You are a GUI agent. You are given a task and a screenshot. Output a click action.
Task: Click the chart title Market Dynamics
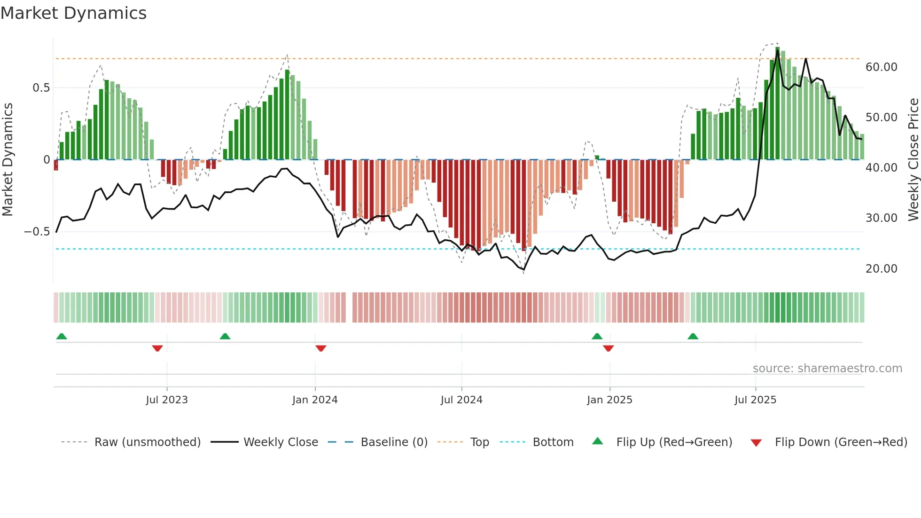pos(73,13)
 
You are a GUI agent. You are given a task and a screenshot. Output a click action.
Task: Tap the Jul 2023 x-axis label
pos(166,400)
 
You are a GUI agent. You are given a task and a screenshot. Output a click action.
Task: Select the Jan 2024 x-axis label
pos(315,400)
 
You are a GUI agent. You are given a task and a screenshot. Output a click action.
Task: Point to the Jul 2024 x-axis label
pos(461,400)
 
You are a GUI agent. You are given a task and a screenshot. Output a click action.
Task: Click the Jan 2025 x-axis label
pos(609,400)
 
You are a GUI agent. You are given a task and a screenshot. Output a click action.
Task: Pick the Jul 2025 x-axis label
pos(755,400)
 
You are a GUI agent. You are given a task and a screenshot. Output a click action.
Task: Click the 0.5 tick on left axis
pos(41,88)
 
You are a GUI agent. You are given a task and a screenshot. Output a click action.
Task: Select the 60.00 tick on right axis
pos(881,67)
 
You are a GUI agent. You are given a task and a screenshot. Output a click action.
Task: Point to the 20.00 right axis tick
pos(881,269)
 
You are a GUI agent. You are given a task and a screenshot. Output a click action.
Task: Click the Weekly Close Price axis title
pos(913,160)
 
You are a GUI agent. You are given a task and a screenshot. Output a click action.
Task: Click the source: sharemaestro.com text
pos(827,369)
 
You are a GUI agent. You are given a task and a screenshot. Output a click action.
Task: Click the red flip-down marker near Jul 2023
pos(157,348)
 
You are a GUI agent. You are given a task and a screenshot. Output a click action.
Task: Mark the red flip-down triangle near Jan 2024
pos(321,348)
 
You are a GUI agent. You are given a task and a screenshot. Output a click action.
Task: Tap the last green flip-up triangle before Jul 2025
pos(693,336)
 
